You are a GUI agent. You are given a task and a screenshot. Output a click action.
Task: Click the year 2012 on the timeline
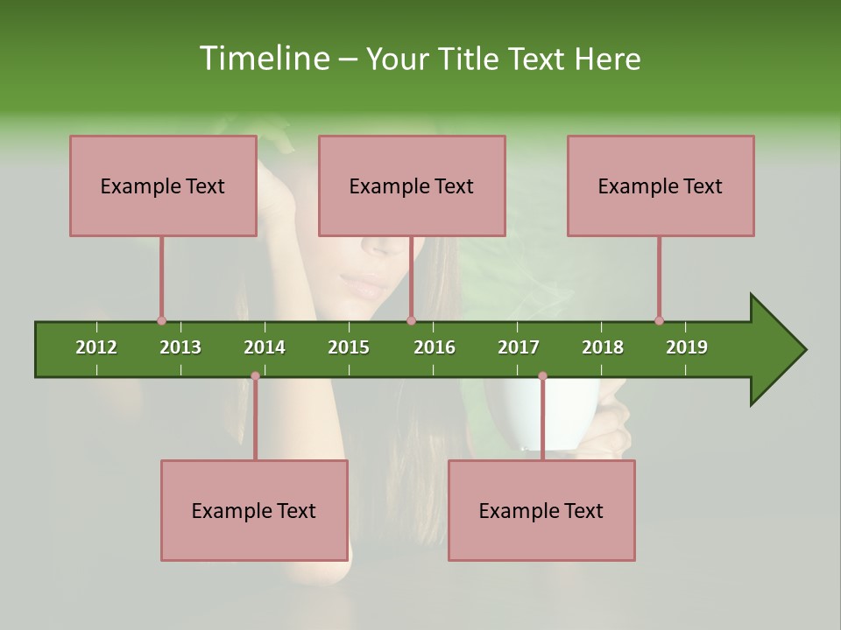coord(96,347)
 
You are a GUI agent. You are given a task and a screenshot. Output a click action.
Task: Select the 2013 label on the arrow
coord(180,347)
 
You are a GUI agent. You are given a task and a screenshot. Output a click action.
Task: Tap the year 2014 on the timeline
coord(265,347)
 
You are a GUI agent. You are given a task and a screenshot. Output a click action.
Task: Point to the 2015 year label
coord(349,347)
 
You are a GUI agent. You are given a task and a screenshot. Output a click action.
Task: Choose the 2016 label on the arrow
coord(435,347)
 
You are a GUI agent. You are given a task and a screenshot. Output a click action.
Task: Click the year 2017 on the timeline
coord(519,347)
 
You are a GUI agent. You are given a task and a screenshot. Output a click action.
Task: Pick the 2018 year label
coord(603,347)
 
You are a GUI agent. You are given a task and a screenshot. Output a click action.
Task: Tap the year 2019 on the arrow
coord(687,347)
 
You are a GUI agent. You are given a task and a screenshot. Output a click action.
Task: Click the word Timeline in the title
coord(262,59)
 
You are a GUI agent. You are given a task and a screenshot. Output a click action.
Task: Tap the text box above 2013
coord(163,185)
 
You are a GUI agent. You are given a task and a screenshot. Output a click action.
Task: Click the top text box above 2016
coord(412,185)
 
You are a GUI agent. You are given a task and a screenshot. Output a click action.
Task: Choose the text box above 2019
coord(661,185)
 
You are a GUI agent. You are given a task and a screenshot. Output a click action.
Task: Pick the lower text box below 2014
coord(254,510)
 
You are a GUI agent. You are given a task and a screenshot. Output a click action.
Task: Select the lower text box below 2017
coord(541,510)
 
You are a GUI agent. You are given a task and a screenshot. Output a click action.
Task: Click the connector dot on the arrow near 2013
coord(161,320)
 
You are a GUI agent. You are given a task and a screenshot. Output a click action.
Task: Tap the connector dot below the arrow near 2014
coord(255,375)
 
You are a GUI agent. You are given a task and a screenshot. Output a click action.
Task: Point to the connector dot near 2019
coord(659,320)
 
